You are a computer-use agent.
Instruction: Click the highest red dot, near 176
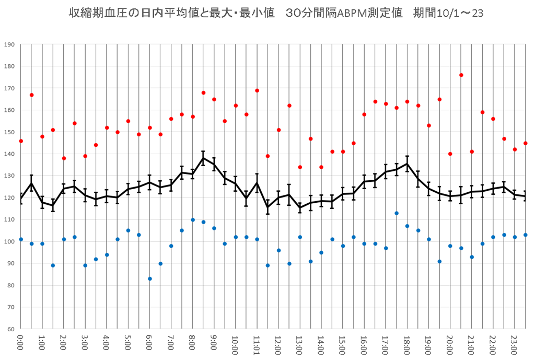coord(461,75)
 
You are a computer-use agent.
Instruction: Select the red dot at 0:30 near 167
coord(31,95)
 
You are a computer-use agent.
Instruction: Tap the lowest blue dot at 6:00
coord(149,279)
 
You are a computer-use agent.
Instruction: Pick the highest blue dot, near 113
coord(397,213)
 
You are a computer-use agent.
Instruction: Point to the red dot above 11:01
coord(257,90)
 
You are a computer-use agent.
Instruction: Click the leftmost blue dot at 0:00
coord(21,239)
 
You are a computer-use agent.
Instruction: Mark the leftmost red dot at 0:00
coord(21,141)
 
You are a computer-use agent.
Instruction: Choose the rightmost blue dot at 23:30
coord(525,235)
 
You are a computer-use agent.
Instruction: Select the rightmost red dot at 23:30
coord(525,143)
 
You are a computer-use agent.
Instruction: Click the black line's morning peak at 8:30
coord(203,158)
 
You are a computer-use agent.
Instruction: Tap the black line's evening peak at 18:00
coord(407,164)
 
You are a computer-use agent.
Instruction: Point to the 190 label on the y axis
coord(9,44)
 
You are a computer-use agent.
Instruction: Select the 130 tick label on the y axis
coord(9,176)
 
